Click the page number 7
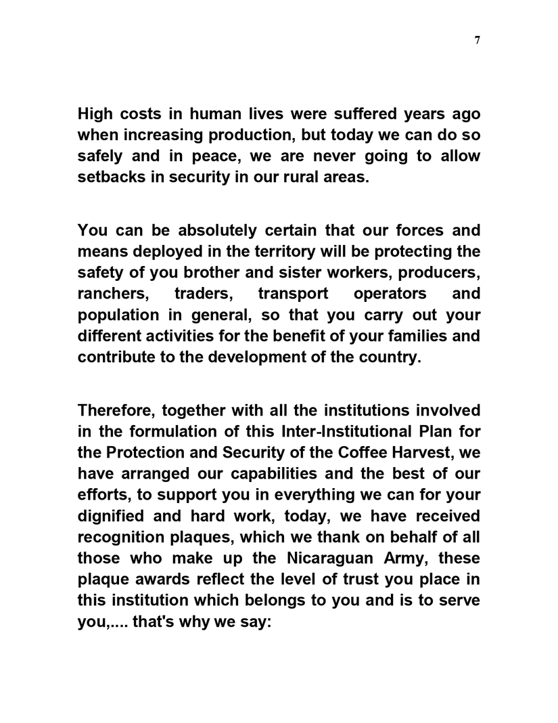click(x=478, y=40)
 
